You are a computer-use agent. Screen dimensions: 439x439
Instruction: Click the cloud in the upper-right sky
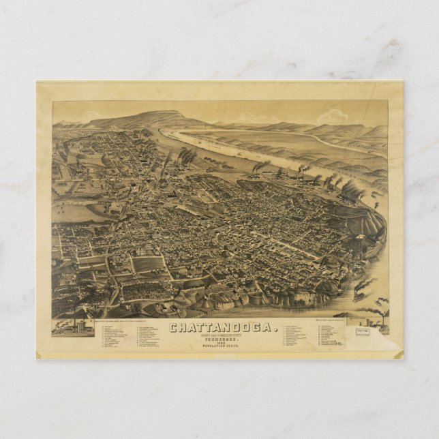(x=332, y=117)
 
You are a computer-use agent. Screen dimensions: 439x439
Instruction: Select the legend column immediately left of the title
(x=153, y=337)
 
